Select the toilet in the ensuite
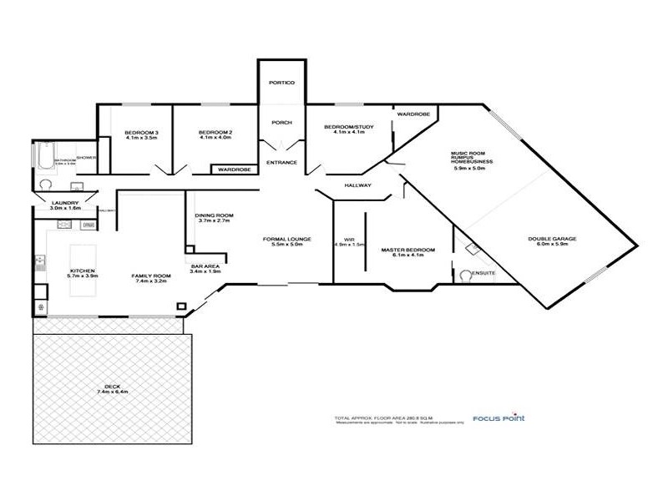point(466,274)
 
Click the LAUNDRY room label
point(65,203)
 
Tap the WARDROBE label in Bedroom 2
point(233,170)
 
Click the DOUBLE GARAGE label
point(552,239)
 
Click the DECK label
point(109,386)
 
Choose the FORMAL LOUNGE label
point(286,239)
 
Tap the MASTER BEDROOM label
point(408,250)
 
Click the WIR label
point(350,239)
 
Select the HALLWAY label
point(357,185)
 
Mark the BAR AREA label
point(205,266)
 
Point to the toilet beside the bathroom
point(46,186)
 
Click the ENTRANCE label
point(281,162)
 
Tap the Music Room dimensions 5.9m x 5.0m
point(473,168)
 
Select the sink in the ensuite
point(473,247)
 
